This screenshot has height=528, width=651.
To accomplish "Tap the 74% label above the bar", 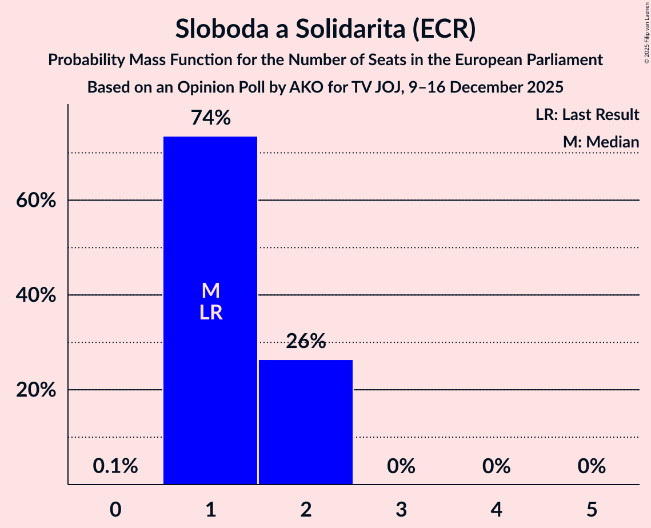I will tap(210, 118).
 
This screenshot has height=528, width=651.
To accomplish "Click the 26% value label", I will tap(306, 342).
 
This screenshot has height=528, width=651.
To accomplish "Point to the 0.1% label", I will tap(115, 466).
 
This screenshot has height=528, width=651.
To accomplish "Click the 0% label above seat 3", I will tap(401, 466).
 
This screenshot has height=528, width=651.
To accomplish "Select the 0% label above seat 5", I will tap(591, 466).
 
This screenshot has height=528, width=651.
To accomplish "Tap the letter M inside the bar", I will tap(210, 291).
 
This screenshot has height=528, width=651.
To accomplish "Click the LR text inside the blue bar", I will tap(210, 313).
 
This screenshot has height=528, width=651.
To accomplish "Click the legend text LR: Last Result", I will tap(587, 115).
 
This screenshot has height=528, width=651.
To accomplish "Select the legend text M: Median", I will tap(600, 142).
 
